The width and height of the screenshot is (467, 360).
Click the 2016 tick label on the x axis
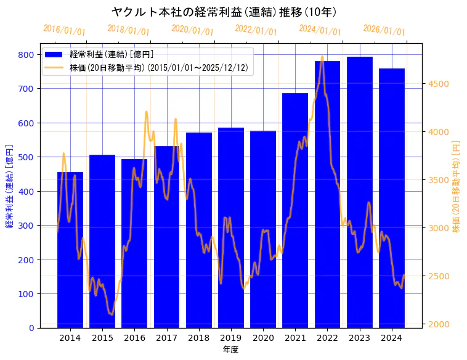point(134,337)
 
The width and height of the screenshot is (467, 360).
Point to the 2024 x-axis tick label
point(392,337)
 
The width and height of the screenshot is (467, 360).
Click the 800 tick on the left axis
point(26,54)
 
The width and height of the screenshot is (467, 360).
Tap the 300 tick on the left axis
point(26,226)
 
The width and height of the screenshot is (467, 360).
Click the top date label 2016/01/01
point(65,30)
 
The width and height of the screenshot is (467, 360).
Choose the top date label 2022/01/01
point(256,30)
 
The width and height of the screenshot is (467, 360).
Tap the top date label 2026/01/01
point(384,30)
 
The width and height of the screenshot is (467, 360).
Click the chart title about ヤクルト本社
point(224,12)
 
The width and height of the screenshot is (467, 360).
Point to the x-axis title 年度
point(231,349)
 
